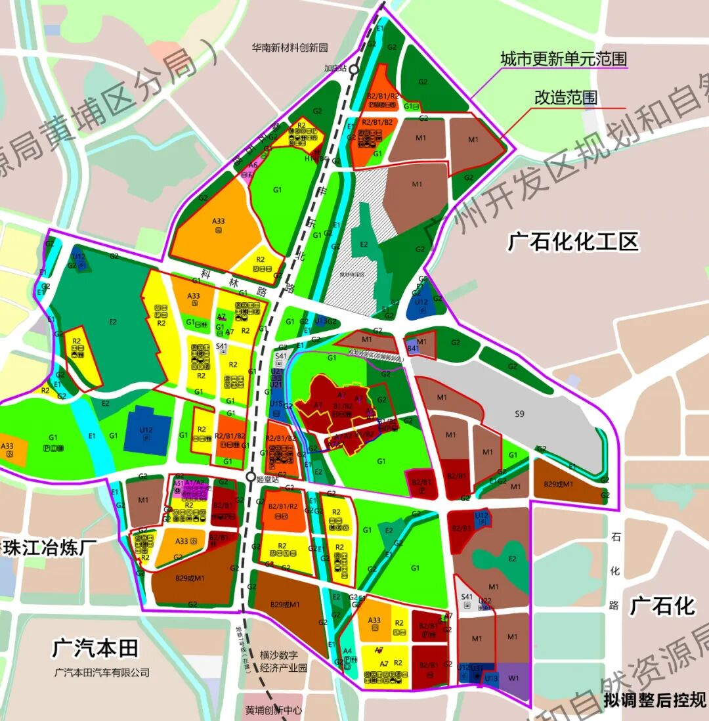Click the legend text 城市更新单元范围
pyautogui.click(x=564, y=59)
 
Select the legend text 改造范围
pyautogui.click(x=566, y=98)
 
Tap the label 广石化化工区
pyautogui.click(x=572, y=242)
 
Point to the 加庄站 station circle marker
pyautogui.click(x=354, y=69)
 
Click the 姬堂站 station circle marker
pyautogui.click(x=250, y=477)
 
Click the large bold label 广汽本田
pyautogui.click(x=95, y=649)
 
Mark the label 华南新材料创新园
pyautogui.click(x=290, y=47)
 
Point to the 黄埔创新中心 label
pyautogui.click(x=274, y=710)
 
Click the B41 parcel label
pyautogui.click(x=413, y=349)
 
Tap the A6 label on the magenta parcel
pyautogui.click(x=253, y=166)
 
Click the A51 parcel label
pyautogui.click(x=179, y=483)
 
